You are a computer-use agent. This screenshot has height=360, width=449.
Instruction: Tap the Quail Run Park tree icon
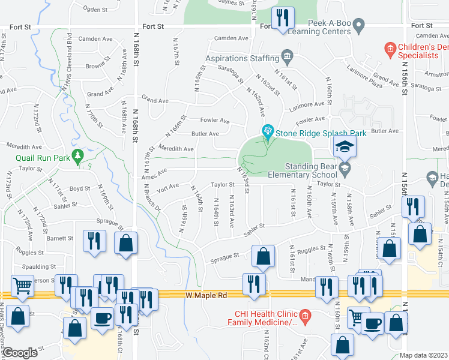(77, 157)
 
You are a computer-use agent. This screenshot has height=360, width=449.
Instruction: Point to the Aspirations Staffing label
(243, 58)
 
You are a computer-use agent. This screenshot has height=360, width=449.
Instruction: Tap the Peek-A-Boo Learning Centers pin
(359, 26)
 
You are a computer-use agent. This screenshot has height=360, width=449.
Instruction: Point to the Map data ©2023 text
(423, 355)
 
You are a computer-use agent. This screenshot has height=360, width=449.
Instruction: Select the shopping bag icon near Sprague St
(262, 256)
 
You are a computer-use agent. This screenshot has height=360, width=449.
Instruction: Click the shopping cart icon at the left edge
(22, 286)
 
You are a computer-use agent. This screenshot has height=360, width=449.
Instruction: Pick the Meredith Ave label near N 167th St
(176, 149)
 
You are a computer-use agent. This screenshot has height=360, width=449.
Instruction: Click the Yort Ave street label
(169, 186)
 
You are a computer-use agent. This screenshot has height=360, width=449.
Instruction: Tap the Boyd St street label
(79, 188)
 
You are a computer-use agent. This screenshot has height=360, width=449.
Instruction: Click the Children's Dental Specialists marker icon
(390, 47)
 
